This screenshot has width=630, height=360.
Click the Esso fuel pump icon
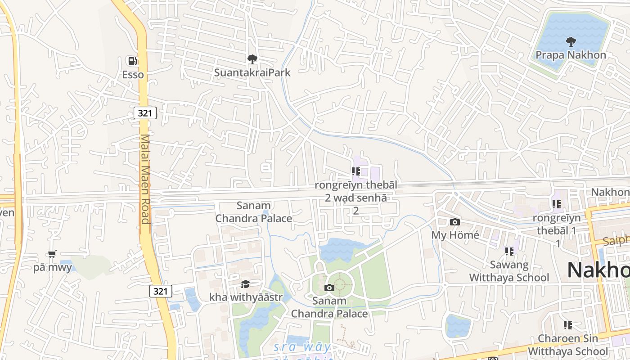pyautogui.click(x=132, y=61)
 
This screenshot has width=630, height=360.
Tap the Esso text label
pyautogui.click(x=133, y=75)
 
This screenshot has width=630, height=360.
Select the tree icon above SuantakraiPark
pyautogui.click(x=252, y=59)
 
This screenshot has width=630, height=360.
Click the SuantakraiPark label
pyautogui.click(x=252, y=72)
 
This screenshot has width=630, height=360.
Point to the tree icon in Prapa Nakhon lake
pyautogui.click(x=571, y=42)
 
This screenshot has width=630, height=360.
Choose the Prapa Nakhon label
pyautogui.click(x=571, y=55)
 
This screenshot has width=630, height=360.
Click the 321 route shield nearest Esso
pyautogui.click(x=145, y=113)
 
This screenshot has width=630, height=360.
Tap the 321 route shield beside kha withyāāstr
pyautogui.click(x=161, y=291)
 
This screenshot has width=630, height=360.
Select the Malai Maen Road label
pyautogui.click(x=145, y=179)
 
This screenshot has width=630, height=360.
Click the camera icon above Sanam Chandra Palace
pyautogui.click(x=329, y=288)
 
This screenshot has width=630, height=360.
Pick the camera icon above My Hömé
pyautogui.click(x=455, y=222)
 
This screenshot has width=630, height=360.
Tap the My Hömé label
pyautogui.click(x=455, y=235)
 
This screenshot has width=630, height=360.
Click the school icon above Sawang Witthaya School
pyautogui.click(x=509, y=251)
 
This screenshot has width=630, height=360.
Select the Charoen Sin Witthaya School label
pyautogui.click(x=567, y=345)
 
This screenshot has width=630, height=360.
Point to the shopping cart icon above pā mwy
pyautogui.click(x=52, y=254)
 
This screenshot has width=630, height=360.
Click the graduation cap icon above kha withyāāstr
pyautogui.click(x=245, y=284)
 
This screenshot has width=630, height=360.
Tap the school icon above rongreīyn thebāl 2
pyautogui.click(x=356, y=171)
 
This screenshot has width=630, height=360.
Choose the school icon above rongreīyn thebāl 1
pyautogui.click(x=557, y=204)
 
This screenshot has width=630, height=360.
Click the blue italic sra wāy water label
pyautogui.click(x=302, y=347)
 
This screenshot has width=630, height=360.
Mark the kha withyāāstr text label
pyautogui.click(x=246, y=297)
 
